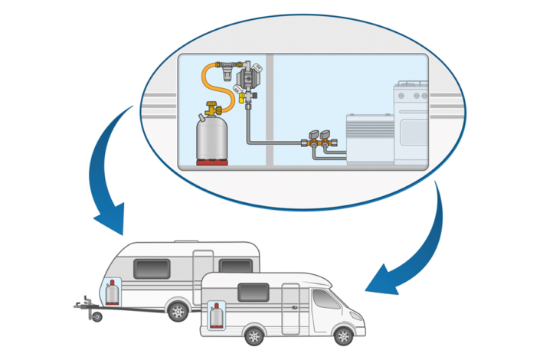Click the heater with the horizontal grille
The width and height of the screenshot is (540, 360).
click(x=370, y=139)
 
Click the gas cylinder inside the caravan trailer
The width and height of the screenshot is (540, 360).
click(x=112, y=293)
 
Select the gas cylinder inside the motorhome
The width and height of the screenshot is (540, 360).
click(x=217, y=315)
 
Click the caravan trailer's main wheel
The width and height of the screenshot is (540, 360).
click(x=178, y=311)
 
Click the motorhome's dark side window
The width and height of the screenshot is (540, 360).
click(x=252, y=292)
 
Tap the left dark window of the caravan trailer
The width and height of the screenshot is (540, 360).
click(x=152, y=268)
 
